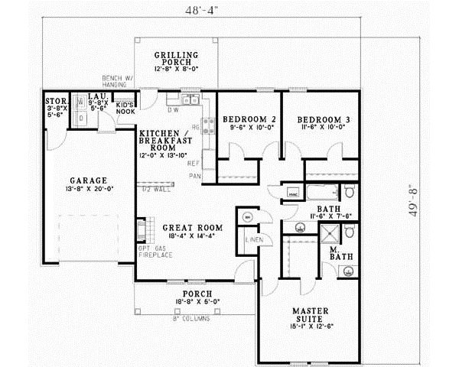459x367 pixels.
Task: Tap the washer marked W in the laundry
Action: click(x=80, y=102)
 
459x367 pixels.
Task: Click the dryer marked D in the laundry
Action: click(x=80, y=118)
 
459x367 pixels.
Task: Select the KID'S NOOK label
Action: click(x=125, y=108)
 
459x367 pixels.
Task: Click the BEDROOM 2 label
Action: click(x=249, y=120)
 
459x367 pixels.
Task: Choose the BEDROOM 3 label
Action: click(x=324, y=120)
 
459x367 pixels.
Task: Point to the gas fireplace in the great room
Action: click(x=141, y=230)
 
